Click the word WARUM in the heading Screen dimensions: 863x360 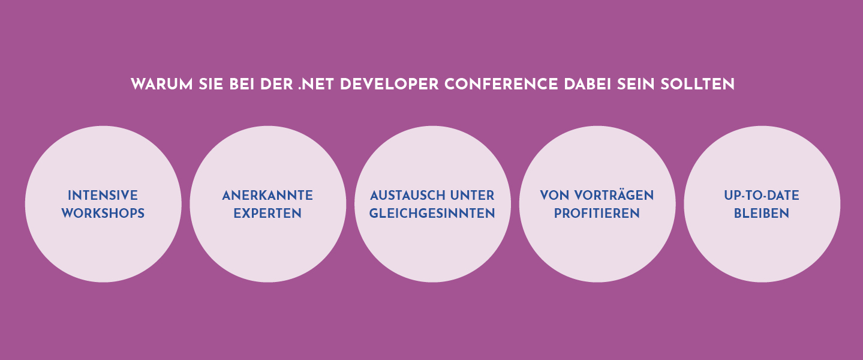[x=162, y=85]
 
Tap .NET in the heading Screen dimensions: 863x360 [x=316, y=85]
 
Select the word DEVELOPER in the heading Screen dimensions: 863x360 [x=389, y=85]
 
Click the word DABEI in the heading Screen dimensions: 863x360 [x=588, y=85]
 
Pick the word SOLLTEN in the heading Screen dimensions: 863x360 [x=697, y=85]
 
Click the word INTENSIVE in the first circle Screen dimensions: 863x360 [x=103, y=196]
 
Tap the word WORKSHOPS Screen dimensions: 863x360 [x=103, y=213]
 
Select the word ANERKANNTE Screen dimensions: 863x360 [x=267, y=196]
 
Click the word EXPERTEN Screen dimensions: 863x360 [x=267, y=213]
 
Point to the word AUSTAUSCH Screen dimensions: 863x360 [x=407, y=196]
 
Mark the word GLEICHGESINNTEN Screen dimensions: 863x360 [x=432, y=213]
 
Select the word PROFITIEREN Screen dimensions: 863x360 [x=597, y=213]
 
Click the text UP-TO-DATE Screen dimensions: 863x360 [x=762, y=196]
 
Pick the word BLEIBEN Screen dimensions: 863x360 [x=762, y=213]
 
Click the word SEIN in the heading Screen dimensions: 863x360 [x=636, y=85]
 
